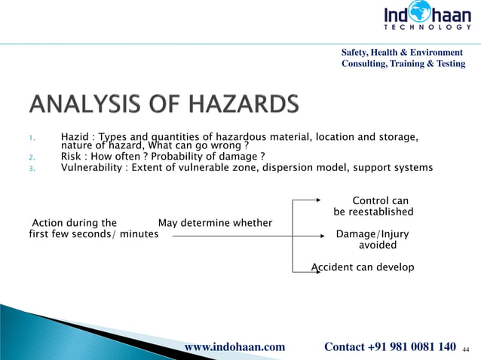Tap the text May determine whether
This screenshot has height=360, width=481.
click(x=215, y=223)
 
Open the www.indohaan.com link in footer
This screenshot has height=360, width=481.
click(x=235, y=346)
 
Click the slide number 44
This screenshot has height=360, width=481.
click(x=466, y=349)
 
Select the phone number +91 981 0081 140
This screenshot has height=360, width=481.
click(x=412, y=346)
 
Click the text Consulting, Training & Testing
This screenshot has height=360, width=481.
click(x=403, y=64)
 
